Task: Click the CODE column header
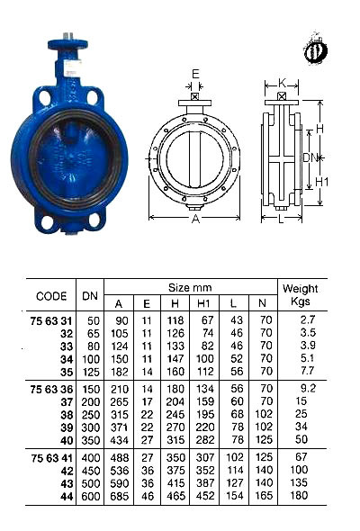[x=51, y=295]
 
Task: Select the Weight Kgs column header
[x=301, y=295]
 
